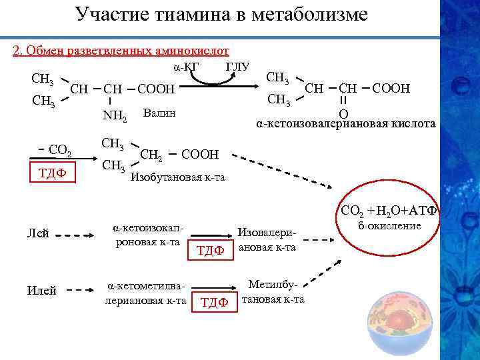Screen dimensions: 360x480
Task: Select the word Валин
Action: (159, 113)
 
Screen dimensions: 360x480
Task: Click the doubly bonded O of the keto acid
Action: (343, 113)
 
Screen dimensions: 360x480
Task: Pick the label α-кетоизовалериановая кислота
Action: (347, 124)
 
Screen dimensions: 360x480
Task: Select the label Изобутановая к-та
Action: (178, 177)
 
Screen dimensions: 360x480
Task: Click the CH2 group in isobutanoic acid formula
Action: (151, 155)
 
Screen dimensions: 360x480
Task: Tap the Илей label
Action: (40, 290)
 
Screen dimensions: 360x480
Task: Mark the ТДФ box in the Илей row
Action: (215, 302)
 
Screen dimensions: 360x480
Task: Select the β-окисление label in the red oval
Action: (390, 226)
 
